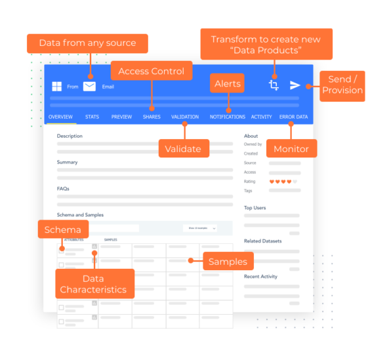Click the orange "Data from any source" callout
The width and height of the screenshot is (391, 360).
pos(87,43)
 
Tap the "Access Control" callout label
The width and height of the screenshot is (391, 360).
pos(152,71)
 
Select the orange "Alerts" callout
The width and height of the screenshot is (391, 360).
pos(228,84)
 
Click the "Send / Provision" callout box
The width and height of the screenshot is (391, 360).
pos(342,85)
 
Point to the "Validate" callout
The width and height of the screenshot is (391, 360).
pos(183,149)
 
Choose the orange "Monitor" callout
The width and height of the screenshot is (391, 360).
pos(291,149)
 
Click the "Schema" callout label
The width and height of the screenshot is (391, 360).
pos(63,230)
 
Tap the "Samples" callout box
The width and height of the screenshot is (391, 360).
pos(228,262)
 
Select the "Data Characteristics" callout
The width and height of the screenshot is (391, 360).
pos(93,284)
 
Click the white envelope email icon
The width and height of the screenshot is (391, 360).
pos(89,86)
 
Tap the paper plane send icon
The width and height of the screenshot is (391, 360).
pos(295,85)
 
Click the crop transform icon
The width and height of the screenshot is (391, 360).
pos(274,85)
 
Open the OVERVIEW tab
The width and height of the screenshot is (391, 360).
pos(60,117)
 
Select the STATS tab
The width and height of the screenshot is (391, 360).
pos(92,117)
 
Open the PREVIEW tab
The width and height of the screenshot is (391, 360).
pos(121,117)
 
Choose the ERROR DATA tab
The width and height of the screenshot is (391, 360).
pos(293,117)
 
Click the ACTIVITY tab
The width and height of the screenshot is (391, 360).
pos(261,117)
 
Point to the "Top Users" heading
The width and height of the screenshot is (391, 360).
pos(255,208)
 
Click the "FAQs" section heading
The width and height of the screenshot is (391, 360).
pos(63,188)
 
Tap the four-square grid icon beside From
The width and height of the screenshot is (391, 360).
pos(57,87)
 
